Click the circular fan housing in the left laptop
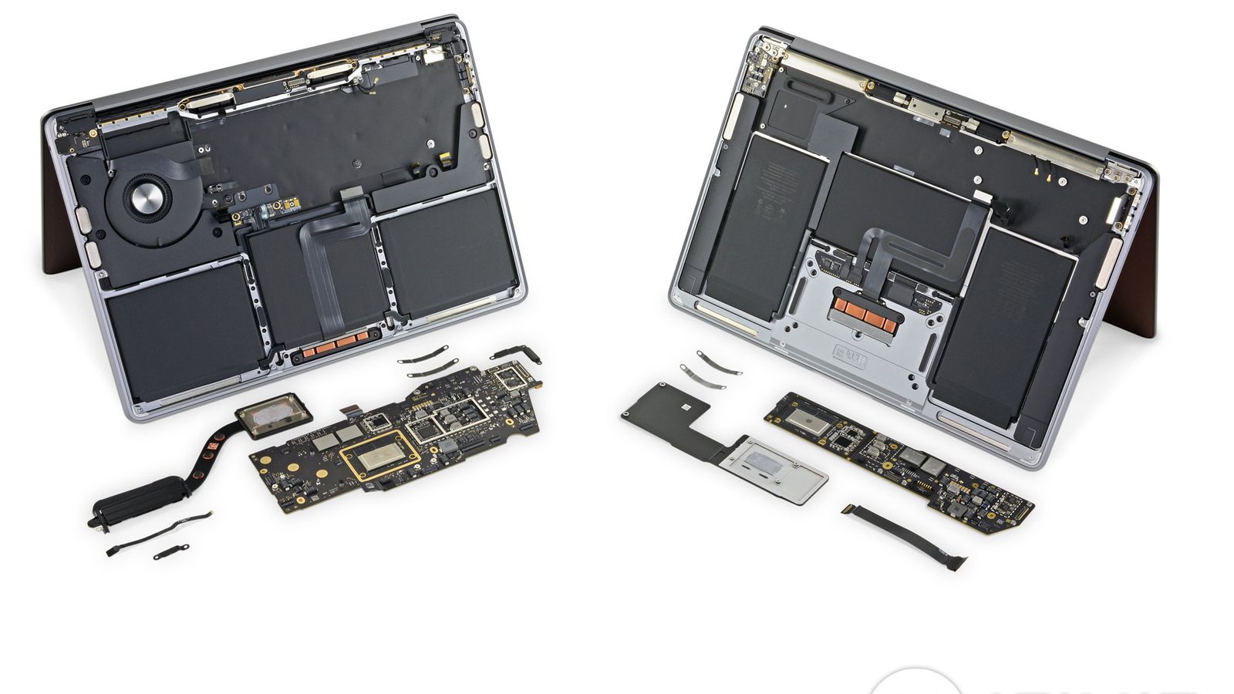pyautogui.click(x=143, y=202)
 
